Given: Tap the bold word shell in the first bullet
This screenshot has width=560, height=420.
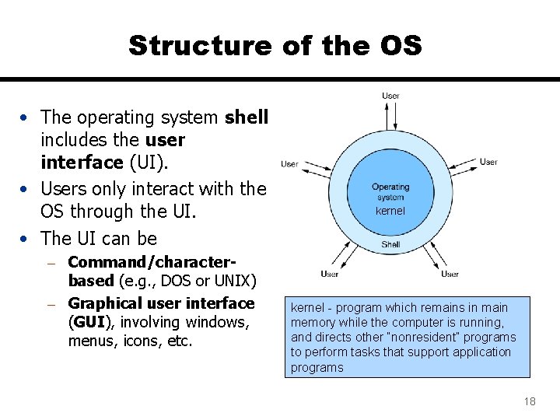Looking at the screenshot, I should point(247,117).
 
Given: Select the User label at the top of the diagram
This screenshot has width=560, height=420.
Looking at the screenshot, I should point(390,96).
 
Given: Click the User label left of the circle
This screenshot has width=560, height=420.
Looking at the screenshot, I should point(289,164).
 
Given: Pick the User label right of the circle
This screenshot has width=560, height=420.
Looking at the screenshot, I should point(488,162).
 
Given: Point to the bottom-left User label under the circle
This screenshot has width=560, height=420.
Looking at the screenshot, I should point(329,274).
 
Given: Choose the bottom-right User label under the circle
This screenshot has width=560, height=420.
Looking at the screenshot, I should point(450,274).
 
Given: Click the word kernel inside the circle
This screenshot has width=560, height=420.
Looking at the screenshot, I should point(390,211).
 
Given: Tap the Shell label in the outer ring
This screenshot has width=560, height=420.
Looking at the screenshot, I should point(390,244).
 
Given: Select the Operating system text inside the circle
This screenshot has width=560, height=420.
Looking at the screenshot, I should point(390,192).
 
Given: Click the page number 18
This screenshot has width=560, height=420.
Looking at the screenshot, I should point(530,401).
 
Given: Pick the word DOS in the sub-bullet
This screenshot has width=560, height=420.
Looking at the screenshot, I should point(177,280).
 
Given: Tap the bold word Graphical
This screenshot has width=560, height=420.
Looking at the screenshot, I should point(105,303).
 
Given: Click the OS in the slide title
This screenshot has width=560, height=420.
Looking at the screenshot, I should point(397,45).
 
